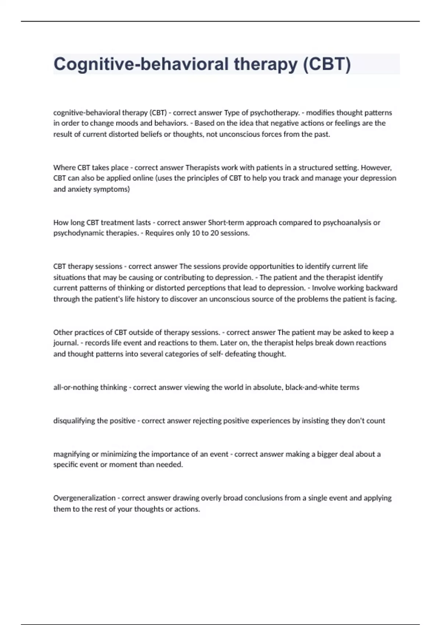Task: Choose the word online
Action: (x=144, y=178)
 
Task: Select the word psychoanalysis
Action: (x=347, y=222)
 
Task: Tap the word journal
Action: (x=66, y=343)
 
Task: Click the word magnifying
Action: (x=71, y=454)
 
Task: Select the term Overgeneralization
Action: (x=84, y=498)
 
